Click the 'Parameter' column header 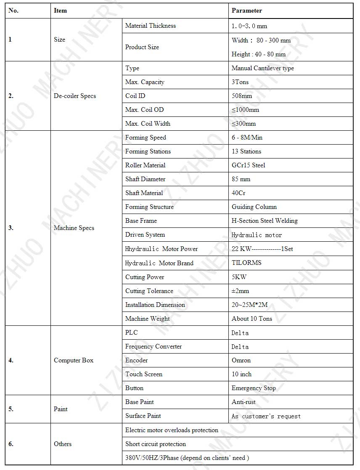(247, 11)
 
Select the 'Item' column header (60, 11)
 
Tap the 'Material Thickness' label (151, 26)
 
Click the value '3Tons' (240, 82)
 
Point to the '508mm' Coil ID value (242, 96)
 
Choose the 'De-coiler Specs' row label (75, 96)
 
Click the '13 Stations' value (246, 151)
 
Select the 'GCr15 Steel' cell (249, 165)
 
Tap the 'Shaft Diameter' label (145, 179)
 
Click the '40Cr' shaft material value (238, 193)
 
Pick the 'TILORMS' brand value (246, 263)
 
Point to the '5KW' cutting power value (239, 277)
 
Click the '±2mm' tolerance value (241, 291)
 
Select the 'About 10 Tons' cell (252, 319)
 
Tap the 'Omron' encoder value (241, 360)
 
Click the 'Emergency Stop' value (254, 388)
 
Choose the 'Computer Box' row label (74, 360)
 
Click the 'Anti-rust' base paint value (244, 402)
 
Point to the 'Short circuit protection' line (156, 444)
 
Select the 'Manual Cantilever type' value (263, 68)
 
